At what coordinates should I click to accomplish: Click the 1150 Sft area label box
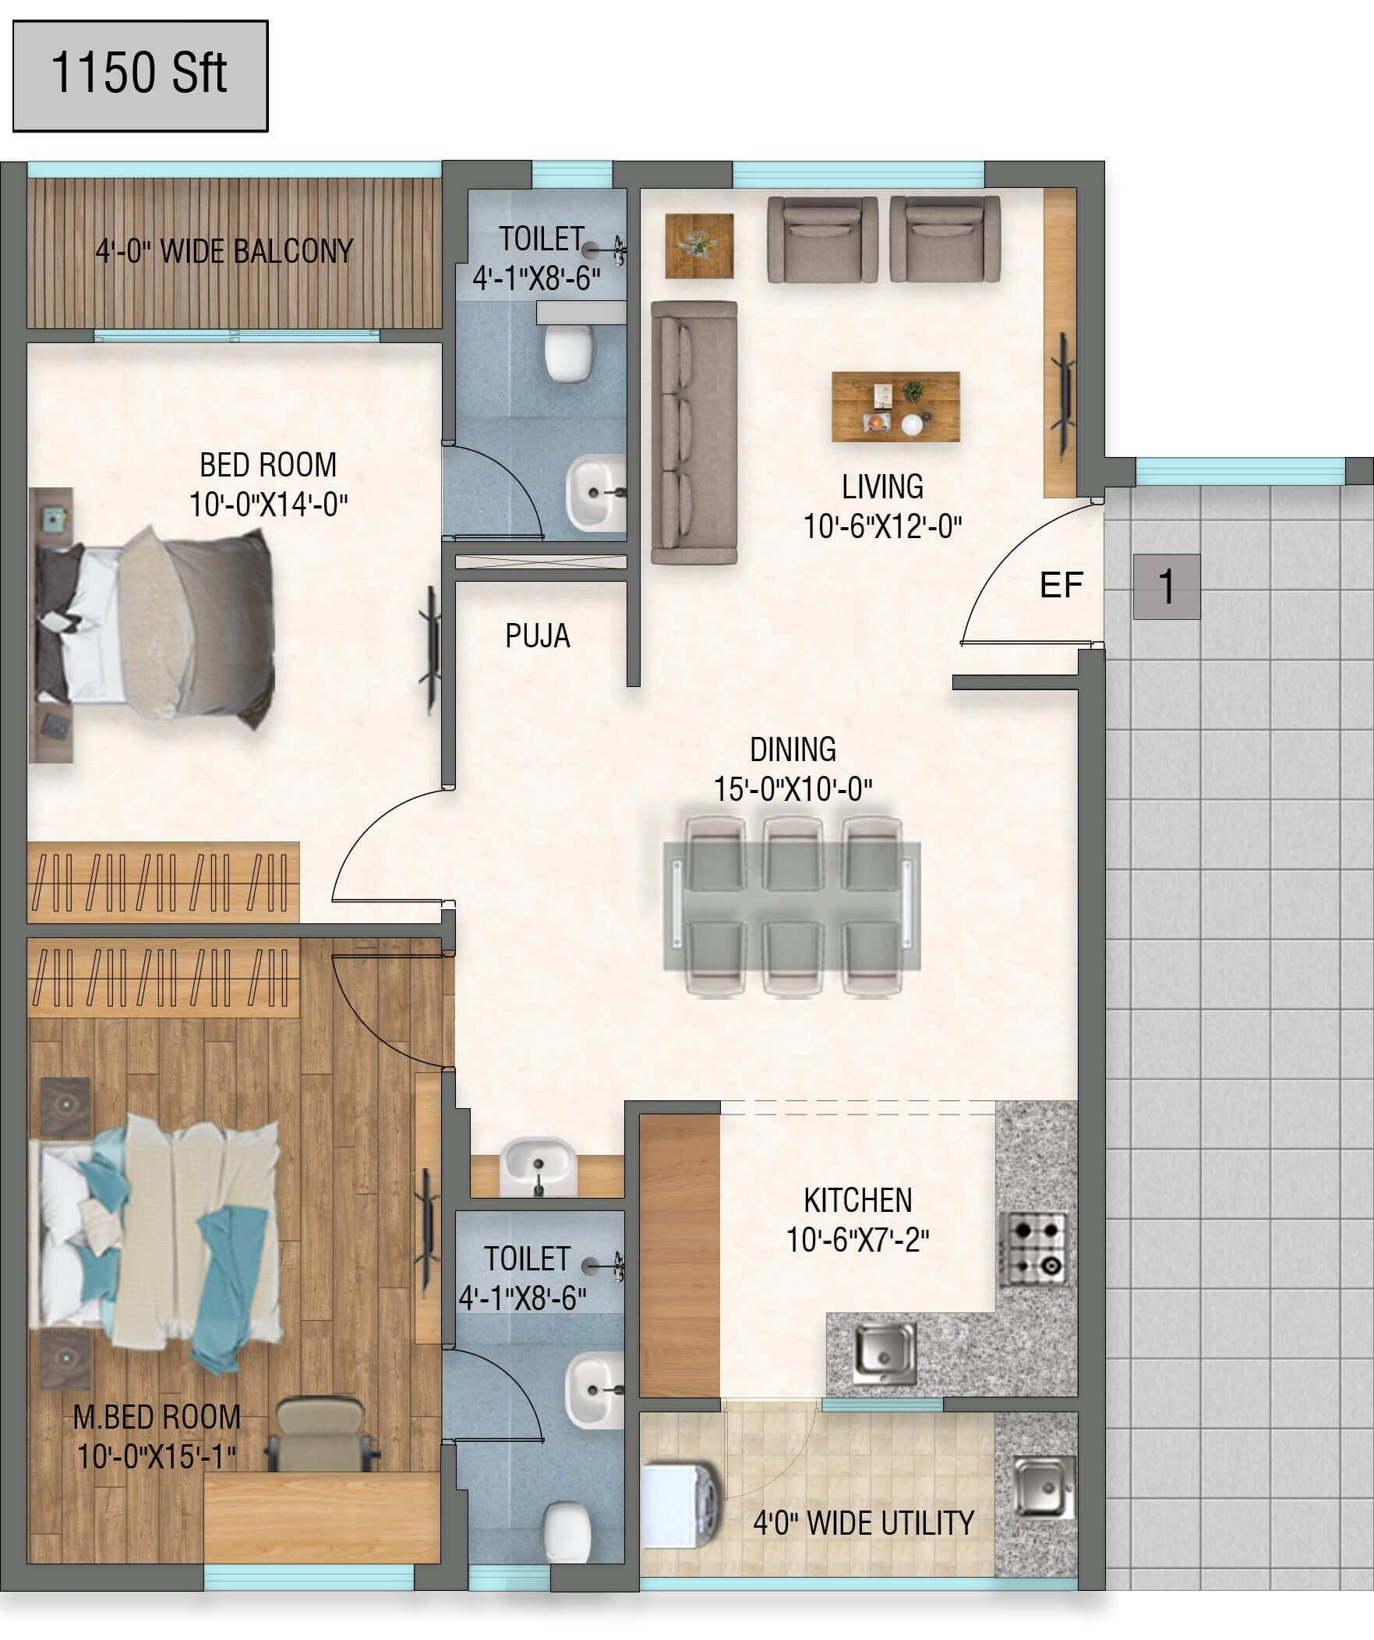pos(140,76)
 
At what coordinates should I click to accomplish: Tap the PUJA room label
pos(537,636)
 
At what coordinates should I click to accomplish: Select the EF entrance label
pos(1061,585)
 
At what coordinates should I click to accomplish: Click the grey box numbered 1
pos(1167,586)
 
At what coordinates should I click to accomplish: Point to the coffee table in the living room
pos(895,407)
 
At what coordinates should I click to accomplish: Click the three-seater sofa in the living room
pos(694,432)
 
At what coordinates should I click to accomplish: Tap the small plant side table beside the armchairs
pos(699,245)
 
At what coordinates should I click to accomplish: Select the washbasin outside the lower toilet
pos(538,1167)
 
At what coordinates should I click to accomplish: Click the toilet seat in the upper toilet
pos(567,353)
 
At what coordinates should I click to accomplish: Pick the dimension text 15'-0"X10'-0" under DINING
pos(793,788)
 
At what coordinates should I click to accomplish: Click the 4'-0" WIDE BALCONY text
pos(224,251)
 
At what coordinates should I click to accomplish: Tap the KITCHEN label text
pos(857,1200)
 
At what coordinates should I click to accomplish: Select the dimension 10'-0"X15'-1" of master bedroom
pos(156,1457)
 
